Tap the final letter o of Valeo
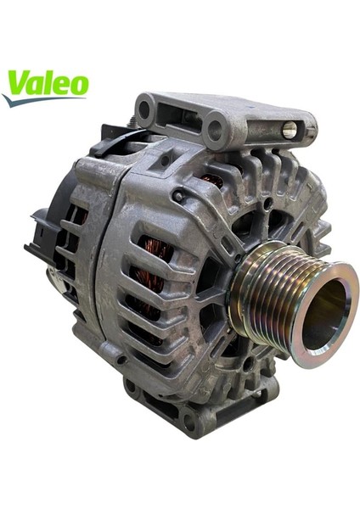coord(78,85)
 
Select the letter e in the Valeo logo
coord(59,86)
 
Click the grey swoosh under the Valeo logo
coord(38,100)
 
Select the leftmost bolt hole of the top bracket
coord(145,109)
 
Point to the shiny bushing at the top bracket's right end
coord(290,129)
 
